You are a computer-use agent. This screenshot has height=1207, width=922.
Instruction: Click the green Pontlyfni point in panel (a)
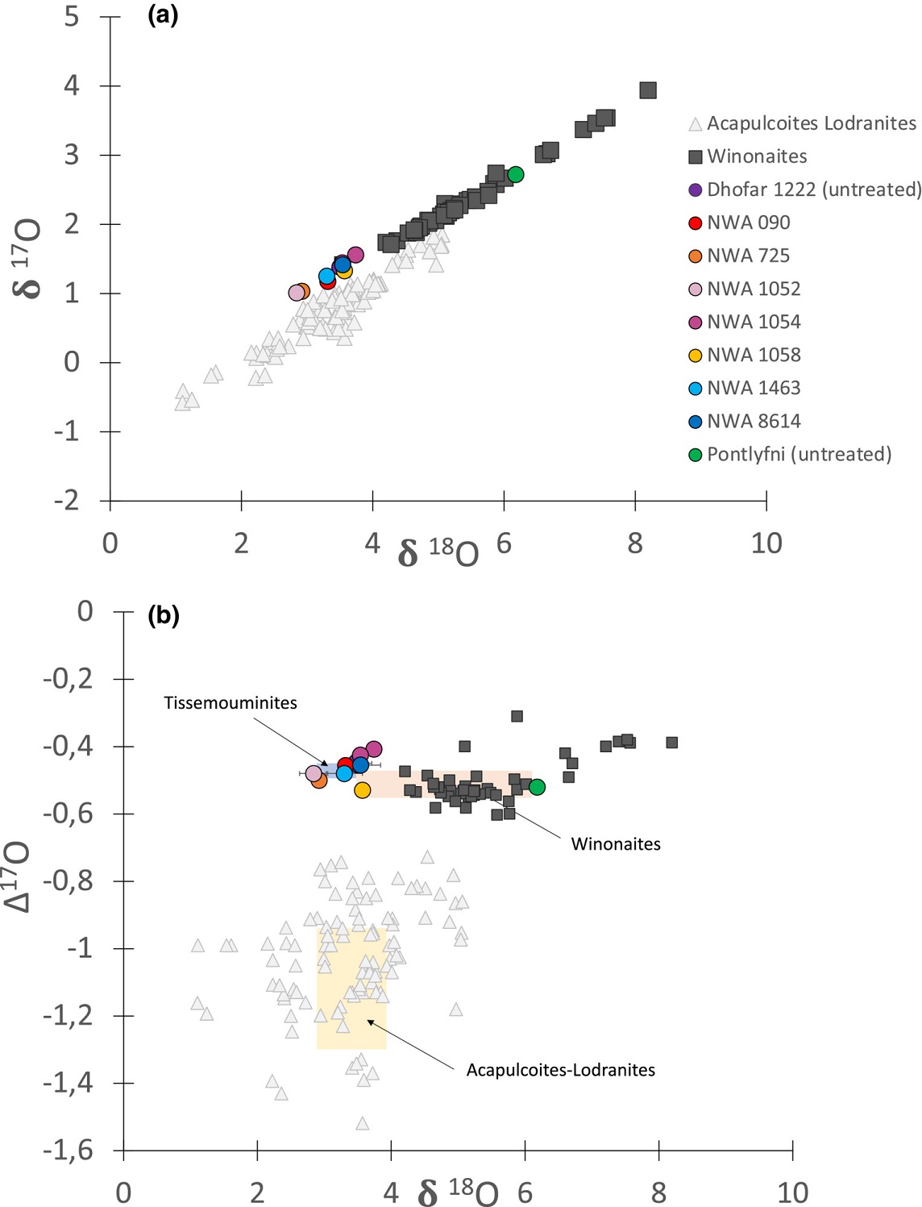516,174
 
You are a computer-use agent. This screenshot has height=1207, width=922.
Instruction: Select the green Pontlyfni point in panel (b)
537,787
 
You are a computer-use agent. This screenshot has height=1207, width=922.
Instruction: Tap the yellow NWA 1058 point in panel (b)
363,790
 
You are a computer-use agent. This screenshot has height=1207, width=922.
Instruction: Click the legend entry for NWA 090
748,223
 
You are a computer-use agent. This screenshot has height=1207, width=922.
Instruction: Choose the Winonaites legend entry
757,156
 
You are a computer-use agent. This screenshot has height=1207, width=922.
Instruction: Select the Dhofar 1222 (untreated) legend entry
813,189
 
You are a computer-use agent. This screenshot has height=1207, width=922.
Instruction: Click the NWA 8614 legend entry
754,421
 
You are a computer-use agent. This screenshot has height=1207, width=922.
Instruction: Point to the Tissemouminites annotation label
230,703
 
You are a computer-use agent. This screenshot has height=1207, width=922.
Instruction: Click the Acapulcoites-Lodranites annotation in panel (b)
561,1070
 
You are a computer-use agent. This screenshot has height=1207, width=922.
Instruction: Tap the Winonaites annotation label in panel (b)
616,844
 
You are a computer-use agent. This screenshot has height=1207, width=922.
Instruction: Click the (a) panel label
163,15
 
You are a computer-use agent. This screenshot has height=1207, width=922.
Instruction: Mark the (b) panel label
164,616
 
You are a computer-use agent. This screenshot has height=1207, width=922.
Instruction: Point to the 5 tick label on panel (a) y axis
72,16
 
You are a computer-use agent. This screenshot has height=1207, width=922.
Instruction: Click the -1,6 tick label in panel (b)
69,1151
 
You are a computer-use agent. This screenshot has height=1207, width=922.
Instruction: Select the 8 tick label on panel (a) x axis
635,543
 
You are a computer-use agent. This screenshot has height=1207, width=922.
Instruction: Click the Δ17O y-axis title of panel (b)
18,876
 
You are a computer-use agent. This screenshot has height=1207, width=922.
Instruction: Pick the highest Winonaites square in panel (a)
648,90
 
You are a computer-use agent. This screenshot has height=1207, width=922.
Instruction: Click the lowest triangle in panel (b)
363,1123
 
